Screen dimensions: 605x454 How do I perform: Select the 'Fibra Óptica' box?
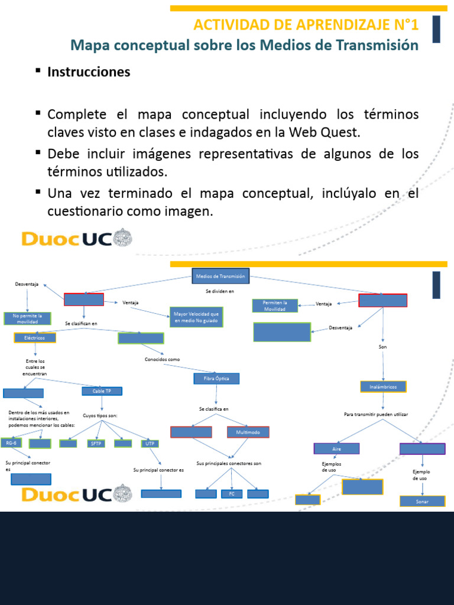click(216, 378)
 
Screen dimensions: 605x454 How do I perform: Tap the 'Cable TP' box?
click(102, 391)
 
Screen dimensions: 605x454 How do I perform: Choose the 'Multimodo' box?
click(248, 432)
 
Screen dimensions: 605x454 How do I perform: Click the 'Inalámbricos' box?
click(383, 387)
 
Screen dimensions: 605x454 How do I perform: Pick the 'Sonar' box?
click(422, 501)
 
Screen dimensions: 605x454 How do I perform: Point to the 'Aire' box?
click(336, 449)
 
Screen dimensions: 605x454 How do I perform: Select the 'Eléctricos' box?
click(35, 338)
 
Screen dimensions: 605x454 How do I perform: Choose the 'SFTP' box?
click(96, 443)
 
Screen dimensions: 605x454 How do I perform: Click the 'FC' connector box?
click(232, 494)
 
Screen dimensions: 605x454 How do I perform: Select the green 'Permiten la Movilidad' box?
click(275, 305)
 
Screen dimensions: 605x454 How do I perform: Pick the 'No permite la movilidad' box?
click(27, 319)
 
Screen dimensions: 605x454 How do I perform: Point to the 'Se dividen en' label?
click(220, 291)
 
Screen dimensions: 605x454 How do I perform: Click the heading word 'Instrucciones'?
click(89, 72)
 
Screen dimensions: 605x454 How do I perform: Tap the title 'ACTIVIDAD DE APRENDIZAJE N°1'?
click(306, 25)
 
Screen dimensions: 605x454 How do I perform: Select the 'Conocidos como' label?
click(162, 359)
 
